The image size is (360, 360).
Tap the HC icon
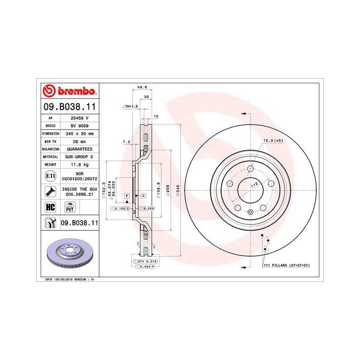[50, 207]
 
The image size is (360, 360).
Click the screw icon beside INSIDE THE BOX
[50, 192]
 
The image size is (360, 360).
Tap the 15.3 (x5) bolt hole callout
[273, 140]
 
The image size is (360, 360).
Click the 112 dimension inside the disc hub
[253, 184]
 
